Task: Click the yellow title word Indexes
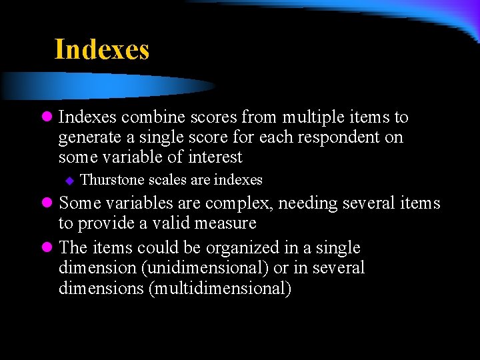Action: point(101,50)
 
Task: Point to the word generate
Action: point(86,138)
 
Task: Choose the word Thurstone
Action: point(111,180)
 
